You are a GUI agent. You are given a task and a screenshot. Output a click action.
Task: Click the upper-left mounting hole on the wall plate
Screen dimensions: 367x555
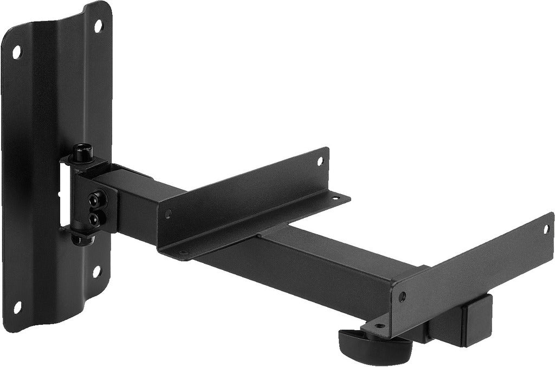tap(16, 51)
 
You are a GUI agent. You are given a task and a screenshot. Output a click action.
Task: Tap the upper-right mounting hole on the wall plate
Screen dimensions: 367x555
tap(98, 25)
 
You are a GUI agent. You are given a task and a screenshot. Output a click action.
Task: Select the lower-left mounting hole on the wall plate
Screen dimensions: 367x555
tap(17, 307)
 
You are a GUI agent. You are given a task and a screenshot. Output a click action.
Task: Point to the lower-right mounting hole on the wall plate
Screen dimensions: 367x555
tap(96, 271)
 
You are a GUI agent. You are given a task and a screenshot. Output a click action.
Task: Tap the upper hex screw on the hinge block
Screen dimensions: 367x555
tap(98, 200)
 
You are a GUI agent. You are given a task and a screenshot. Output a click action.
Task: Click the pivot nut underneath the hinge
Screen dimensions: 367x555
tap(83, 239)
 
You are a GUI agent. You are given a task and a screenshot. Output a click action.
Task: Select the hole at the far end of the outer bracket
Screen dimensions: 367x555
tap(546, 229)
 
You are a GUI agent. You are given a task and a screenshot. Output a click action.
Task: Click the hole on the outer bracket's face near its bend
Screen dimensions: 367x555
tap(402, 297)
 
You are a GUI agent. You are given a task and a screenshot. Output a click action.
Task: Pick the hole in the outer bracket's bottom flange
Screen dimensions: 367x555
tap(379, 326)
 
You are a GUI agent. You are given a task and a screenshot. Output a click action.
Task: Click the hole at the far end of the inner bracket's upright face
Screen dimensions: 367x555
tap(319, 161)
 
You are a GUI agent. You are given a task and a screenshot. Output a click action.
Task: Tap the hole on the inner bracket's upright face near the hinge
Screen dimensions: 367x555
tap(168, 214)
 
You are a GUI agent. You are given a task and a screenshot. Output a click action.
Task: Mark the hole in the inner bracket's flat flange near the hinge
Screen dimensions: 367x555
tap(183, 253)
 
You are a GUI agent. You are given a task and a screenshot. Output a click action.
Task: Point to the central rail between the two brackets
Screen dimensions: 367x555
tap(325, 260)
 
